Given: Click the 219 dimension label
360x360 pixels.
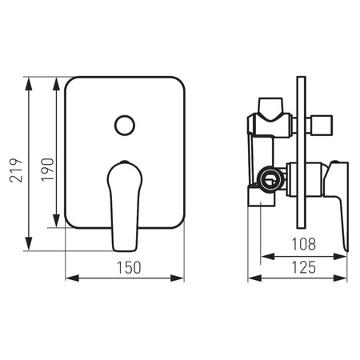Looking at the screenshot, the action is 16,170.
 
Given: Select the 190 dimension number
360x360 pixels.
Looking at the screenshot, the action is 47,170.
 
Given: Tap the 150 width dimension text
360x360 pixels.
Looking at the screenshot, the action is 129,267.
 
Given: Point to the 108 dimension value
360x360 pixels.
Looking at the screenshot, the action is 304,244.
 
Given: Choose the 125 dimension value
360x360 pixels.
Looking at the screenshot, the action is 304,267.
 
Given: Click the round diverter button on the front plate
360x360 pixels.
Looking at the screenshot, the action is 125,126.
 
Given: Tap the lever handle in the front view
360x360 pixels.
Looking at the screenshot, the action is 125,206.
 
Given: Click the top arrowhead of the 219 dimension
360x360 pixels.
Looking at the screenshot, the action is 29,84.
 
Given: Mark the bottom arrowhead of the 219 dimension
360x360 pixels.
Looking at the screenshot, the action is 29,243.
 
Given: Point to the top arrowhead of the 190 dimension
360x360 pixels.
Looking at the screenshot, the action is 56,84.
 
